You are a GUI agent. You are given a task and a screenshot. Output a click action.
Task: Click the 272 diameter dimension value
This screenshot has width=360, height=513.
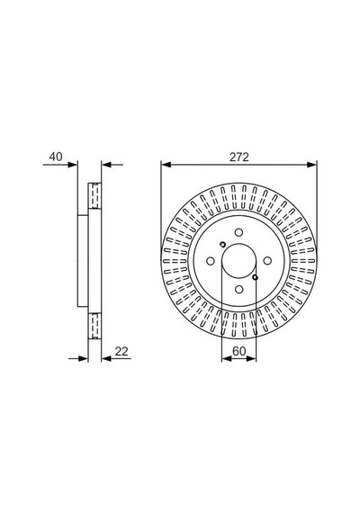(238, 157)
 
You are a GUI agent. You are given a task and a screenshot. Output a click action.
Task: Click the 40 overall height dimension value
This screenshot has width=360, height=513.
(56, 157)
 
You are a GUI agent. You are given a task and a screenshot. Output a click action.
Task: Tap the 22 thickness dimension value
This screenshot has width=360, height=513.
(121, 351)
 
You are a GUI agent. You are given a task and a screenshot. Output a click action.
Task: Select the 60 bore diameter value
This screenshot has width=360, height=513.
(238, 351)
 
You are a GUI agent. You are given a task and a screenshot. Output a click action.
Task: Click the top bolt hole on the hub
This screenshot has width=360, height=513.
(238, 232)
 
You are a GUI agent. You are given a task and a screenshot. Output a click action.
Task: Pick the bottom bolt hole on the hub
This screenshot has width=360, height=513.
(238, 289)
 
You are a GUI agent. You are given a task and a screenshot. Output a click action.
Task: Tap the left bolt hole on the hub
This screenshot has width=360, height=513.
(211, 261)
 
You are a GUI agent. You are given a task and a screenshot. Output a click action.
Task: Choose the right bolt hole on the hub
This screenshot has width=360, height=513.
(267, 261)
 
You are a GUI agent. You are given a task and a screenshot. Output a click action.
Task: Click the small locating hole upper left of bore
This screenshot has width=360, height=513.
(222, 244)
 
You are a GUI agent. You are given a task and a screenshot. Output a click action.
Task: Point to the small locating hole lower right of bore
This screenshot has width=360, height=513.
(256, 277)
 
